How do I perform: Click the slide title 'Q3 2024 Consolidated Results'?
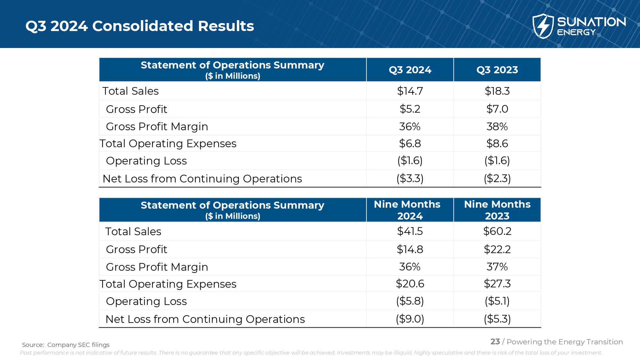click(140, 26)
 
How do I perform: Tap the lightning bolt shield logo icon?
click(543, 26)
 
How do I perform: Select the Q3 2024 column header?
click(410, 70)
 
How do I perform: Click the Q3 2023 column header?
click(497, 70)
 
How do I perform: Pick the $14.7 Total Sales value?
click(410, 91)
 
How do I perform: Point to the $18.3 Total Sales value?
click(497, 91)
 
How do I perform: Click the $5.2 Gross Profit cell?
click(410, 109)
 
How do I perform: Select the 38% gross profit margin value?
click(497, 127)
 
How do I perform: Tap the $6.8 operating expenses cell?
click(410, 144)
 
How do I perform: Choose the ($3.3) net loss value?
click(410, 179)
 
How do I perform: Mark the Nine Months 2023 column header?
click(497, 210)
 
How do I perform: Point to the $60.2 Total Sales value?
click(497, 231)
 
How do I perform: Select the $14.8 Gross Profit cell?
click(410, 249)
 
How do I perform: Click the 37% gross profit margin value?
click(497, 267)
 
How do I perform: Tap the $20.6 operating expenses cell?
click(410, 284)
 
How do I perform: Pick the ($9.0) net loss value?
click(410, 319)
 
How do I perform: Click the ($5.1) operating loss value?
click(497, 301)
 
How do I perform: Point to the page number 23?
click(495, 342)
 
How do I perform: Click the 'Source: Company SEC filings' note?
click(66, 345)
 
